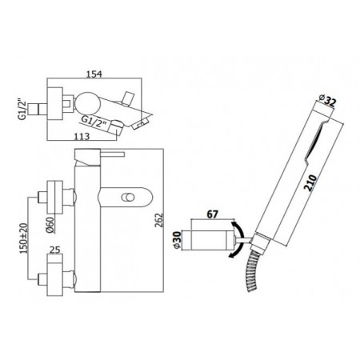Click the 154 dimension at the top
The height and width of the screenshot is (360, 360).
point(96,74)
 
